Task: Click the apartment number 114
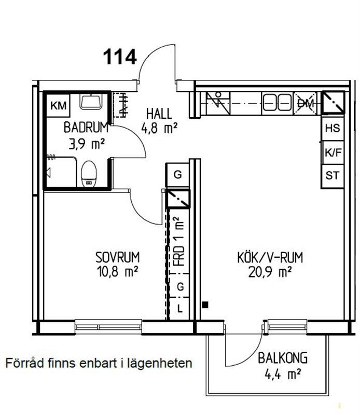120,57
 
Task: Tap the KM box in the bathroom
59,106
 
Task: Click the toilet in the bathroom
89,174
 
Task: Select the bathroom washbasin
91,102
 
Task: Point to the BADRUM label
86,128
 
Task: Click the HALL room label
159,114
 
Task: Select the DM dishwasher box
306,103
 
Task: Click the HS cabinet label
333,128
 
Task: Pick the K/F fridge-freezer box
333,153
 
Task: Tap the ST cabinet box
333,176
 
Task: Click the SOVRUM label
118,257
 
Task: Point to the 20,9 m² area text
270,272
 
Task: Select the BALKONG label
283,358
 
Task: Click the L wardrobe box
179,308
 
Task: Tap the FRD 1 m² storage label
178,242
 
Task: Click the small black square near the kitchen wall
205,305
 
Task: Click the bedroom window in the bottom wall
108,327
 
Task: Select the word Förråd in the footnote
24,363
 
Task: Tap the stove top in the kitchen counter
218,103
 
